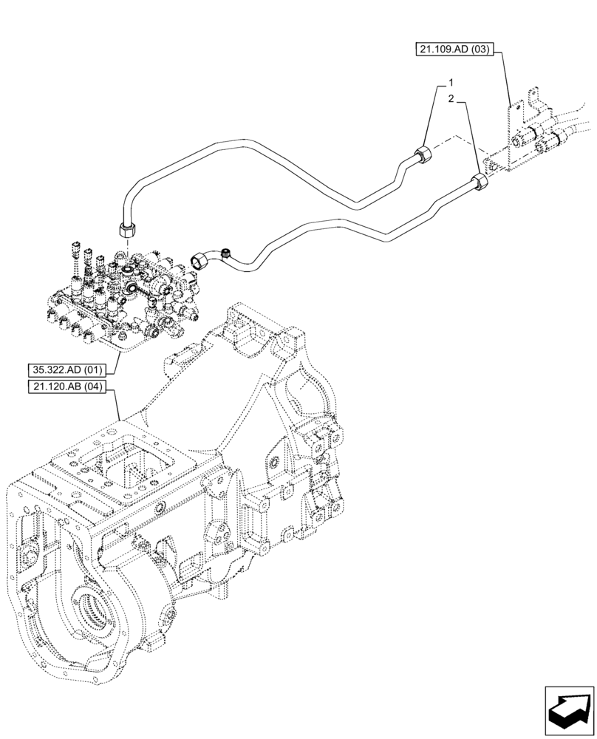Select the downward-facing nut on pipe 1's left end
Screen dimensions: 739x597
point(126,228)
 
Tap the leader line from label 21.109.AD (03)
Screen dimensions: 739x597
point(508,81)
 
